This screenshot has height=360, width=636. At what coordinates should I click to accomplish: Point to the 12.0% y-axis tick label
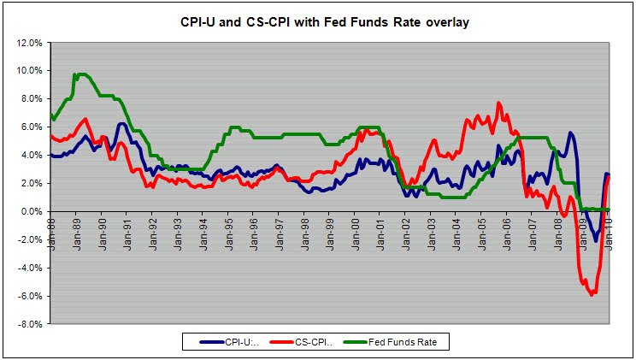[29, 42]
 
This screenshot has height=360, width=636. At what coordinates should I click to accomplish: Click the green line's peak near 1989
[79, 74]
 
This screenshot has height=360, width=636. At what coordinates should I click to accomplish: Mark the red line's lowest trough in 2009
[591, 295]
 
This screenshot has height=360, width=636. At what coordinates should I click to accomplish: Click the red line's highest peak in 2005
[498, 103]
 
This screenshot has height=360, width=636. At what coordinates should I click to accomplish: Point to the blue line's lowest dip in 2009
[596, 241]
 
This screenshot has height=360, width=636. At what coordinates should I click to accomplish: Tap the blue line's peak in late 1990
[122, 124]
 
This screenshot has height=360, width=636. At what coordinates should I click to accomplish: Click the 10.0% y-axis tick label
[29, 70]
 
